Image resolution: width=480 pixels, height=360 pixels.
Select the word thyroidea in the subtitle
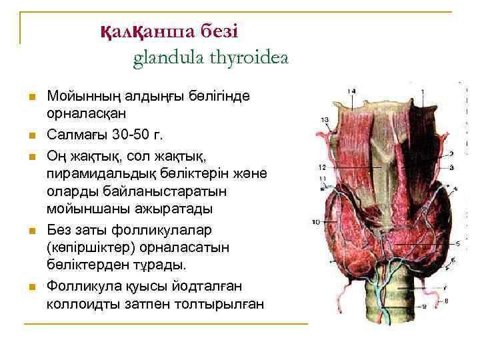pos(247,59)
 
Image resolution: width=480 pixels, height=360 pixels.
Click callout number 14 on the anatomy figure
pos(351,91)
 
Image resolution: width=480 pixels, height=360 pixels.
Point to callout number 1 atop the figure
pos(423,91)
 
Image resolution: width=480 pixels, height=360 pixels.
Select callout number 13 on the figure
pos(325,120)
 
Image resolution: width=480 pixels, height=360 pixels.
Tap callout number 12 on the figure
pos(322,165)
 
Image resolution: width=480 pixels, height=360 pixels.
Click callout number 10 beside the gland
pos(316,221)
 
